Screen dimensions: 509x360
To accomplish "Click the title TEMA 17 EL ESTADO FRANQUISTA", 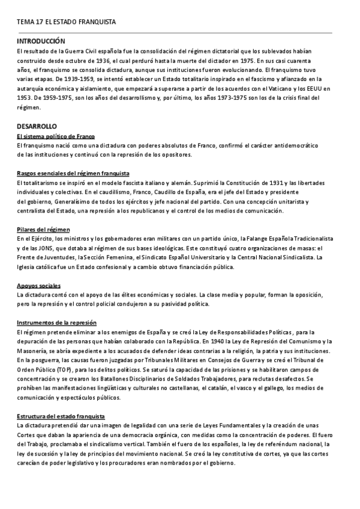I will tap(66, 22).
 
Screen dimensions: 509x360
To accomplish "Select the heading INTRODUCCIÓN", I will tap(41, 42).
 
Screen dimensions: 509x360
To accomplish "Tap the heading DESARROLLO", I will tap(37, 127).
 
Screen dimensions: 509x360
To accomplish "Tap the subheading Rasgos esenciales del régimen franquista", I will tap(73, 173).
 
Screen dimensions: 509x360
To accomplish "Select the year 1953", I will tap(25, 98).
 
